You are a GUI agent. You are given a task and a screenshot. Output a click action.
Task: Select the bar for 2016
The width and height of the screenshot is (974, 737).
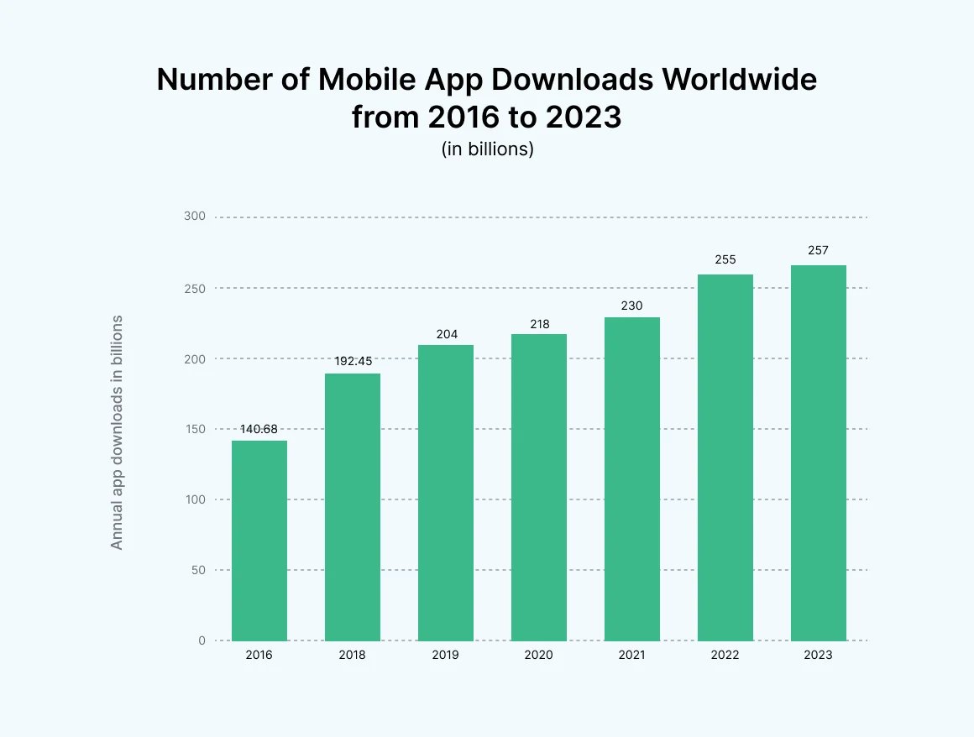(x=259, y=541)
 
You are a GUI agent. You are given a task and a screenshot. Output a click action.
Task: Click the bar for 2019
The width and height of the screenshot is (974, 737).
(x=445, y=493)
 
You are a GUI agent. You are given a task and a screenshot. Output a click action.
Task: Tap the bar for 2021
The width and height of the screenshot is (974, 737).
(x=631, y=478)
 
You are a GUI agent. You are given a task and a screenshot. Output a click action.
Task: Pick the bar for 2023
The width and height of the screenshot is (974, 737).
(x=818, y=453)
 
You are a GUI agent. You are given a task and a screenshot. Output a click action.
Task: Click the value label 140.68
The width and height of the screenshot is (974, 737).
(x=259, y=429)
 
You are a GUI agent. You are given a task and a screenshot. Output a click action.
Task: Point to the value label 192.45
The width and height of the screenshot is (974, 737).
(x=353, y=363)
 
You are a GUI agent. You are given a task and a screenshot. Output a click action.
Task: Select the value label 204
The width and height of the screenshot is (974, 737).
(x=446, y=334)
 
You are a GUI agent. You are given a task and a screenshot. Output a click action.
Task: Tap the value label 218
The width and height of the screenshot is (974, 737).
(x=539, y=323)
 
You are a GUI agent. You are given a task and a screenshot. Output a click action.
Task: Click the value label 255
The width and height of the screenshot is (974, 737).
(x=725, y=259)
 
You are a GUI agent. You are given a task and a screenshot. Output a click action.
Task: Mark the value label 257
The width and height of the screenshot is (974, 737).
(x=818, y=250)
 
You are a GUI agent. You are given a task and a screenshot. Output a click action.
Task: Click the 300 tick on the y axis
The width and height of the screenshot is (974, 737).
(x=195, y=217)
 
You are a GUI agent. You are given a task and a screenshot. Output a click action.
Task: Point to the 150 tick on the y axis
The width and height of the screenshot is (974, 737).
(x=195, y=429)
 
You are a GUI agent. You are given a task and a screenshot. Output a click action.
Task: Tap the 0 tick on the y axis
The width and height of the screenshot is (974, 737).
(x=202, y=640)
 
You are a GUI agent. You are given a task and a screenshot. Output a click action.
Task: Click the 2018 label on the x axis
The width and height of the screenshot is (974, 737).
(x=353, y=655)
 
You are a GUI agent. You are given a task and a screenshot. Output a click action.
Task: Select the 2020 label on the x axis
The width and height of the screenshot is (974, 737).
(x=539, y=655)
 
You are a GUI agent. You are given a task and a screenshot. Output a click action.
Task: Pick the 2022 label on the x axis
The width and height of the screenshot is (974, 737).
(x=725, y=655)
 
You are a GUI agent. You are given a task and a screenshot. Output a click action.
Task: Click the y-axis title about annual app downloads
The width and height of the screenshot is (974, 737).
(x=117, y=432)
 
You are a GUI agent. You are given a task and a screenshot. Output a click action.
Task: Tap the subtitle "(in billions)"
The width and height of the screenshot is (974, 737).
(x=487, y=149)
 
